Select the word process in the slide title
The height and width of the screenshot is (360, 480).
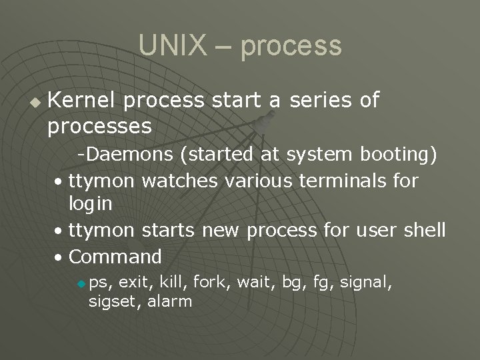click(291, 46)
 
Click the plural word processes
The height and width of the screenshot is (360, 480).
click(99, 125)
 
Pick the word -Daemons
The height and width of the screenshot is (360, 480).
click(126, 155)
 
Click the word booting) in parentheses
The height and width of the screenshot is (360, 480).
click(399, 155)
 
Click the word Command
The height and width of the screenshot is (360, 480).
click(115, 256)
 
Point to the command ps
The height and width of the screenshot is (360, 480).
click(98, 283)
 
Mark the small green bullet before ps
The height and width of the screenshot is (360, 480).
click(81, 284)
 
